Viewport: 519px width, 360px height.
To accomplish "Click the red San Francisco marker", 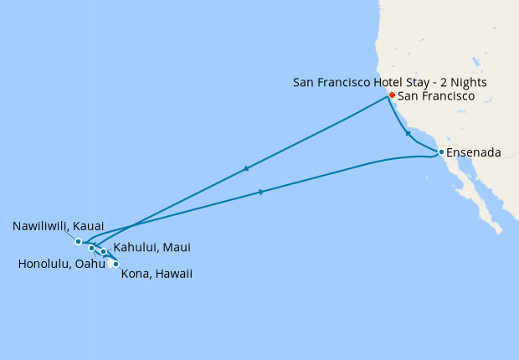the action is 392,96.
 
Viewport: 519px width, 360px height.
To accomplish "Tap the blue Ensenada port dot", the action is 441,152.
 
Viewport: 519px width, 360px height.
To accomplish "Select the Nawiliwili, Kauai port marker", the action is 79,242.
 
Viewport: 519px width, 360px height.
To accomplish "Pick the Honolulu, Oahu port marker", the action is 91,249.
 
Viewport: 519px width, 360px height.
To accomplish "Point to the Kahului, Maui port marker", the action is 104,251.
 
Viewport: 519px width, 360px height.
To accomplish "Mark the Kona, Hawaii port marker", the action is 116,265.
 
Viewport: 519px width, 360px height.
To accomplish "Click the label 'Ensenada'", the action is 474,153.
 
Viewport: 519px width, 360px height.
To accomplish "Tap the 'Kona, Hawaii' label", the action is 157,274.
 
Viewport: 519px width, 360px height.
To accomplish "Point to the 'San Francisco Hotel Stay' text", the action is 364,82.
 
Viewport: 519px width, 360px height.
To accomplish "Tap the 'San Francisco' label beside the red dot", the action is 436,96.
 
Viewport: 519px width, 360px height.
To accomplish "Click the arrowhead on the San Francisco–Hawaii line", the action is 245,169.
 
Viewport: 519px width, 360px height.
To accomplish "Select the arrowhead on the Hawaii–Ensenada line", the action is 262,193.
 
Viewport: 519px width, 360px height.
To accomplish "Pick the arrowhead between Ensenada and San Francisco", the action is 408,133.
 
